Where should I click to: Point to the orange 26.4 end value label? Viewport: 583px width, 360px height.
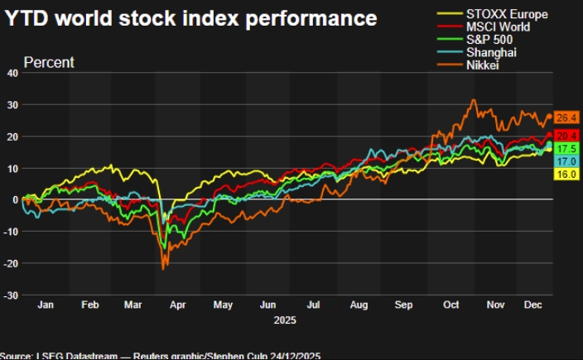pyautogui.click(x=566, y=118)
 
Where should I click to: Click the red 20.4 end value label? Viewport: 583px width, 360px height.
pyautogui.click(x=566, y=135)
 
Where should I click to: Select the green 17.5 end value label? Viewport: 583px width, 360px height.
pyautogui.click(x=566, y=148)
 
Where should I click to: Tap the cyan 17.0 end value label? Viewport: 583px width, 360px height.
pyautogui.click(x=566, y=161)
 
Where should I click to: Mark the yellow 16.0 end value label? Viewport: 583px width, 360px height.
pyautogui.click(x=566, y=175)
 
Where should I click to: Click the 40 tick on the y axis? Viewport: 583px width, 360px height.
pyautogui.click(x=12, y=73)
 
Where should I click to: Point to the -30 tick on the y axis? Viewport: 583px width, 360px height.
pyautogui.click(x=10, y=295)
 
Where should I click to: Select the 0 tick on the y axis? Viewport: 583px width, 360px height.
pyautogui.click(x=14, y=199)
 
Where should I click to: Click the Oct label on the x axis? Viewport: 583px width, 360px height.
pyautogui.click(x=450, y=305)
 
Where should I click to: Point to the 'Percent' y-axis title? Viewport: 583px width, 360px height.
pyautogui.click(x=49, y=62)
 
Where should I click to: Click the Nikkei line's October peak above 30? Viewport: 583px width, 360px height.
pyautogui.click(x=473, y=101)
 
